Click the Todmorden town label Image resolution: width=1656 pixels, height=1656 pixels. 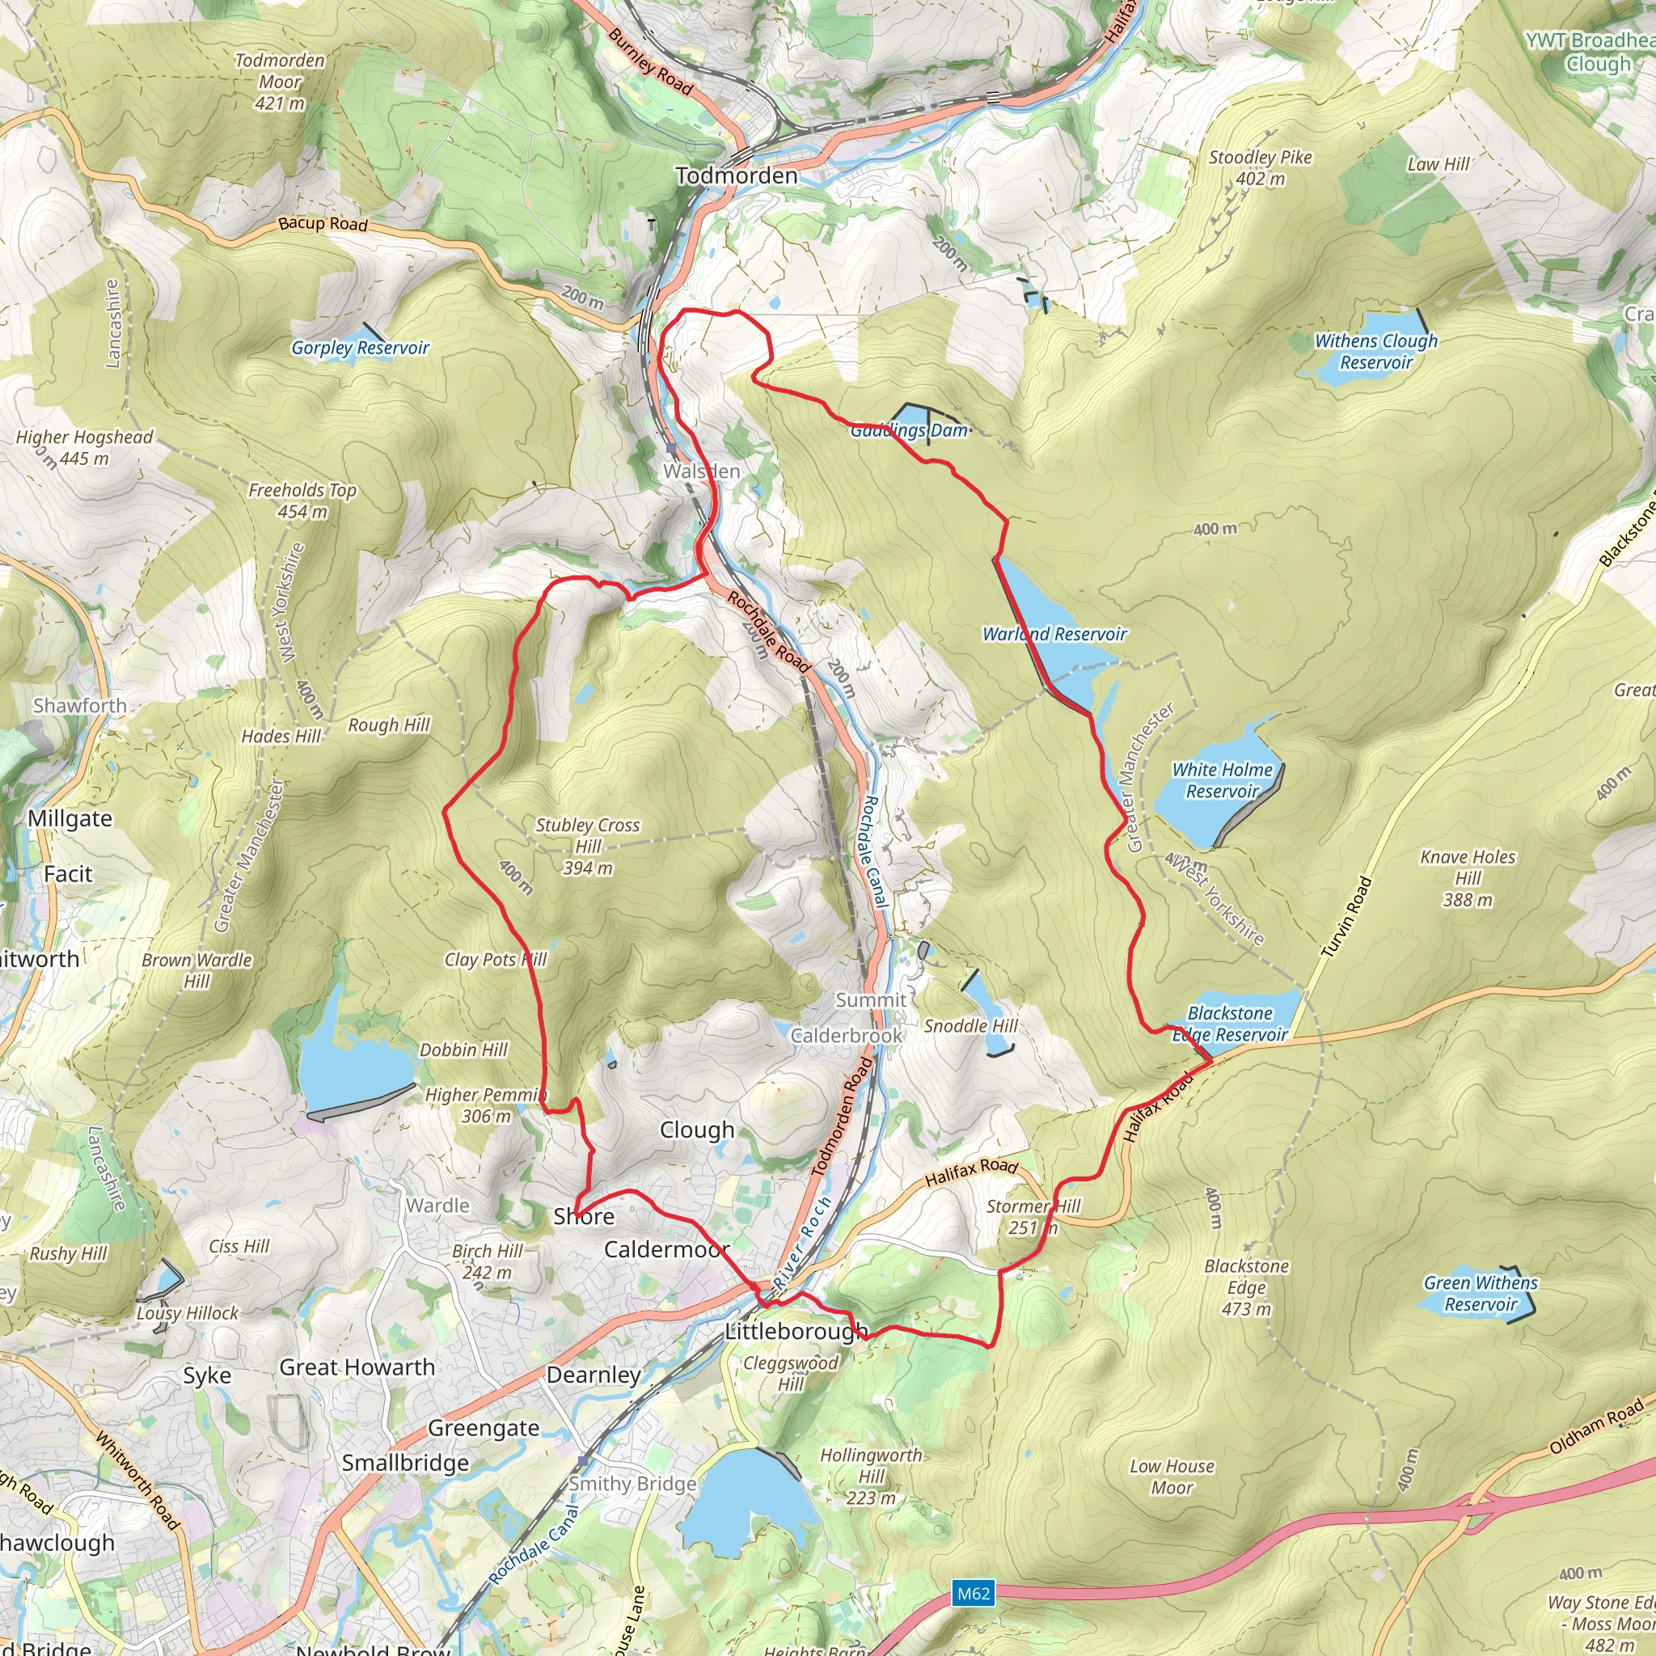tap(736, 175)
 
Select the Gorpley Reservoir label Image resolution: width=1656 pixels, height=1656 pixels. tap(360, 348)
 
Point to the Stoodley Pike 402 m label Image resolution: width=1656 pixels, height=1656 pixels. tap(1259, 168)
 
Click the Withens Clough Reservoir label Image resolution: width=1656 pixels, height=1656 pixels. tap(1375, 352)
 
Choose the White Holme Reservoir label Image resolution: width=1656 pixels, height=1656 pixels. tap(1222, 780)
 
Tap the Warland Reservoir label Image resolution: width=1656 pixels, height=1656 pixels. tap(1054, 634)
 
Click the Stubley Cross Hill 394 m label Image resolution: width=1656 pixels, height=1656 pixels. tap(587, 846)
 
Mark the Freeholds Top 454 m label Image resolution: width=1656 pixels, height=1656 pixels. tap(302, 501)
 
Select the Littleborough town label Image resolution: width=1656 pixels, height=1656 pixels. tap(796, 1331)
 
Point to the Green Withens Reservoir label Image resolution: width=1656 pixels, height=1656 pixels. tap(1481, 1294)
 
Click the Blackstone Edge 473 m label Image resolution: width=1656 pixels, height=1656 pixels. tap(1246, 1287)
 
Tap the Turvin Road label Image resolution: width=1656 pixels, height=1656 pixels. tap(1346, 917)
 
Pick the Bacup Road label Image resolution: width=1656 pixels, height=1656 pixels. tap(323, 224)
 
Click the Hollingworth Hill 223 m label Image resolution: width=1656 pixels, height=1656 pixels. tap(871, 1476)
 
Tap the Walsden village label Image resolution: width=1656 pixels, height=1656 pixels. tap(701, 471)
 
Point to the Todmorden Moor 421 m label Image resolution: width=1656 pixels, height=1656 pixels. tap(280, 82)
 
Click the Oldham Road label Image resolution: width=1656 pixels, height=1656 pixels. tap(1596, 1426)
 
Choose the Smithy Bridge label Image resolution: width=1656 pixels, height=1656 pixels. tap(632, 1484)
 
